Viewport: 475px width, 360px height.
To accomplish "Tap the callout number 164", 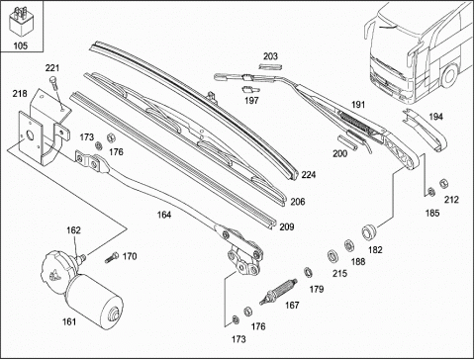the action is coord(164,215).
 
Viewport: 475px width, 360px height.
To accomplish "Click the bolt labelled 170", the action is coord(112,257).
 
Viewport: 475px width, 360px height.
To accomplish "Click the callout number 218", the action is coord(20,94).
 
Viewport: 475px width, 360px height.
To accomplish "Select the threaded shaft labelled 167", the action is coord(278,292).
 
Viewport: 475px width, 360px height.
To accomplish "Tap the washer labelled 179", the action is coord(308,272).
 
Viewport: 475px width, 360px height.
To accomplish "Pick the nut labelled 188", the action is coord(349,245).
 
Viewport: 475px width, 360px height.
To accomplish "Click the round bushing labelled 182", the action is coord(368,231).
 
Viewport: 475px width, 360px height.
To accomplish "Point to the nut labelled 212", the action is coord(444,184).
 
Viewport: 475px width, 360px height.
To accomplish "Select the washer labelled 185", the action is coord(430,191).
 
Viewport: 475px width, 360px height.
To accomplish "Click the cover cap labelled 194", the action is coord(426,130).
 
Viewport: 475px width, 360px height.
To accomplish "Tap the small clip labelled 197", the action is coord(250,89).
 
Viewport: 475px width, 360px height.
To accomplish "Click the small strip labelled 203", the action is coord(270,66).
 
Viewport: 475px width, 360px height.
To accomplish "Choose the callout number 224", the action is coord(309,175).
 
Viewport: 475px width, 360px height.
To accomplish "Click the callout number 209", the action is coord(287,227).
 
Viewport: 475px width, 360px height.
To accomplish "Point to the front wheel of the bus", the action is coord(448,75).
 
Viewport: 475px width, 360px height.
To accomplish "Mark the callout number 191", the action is coord(358,105).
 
